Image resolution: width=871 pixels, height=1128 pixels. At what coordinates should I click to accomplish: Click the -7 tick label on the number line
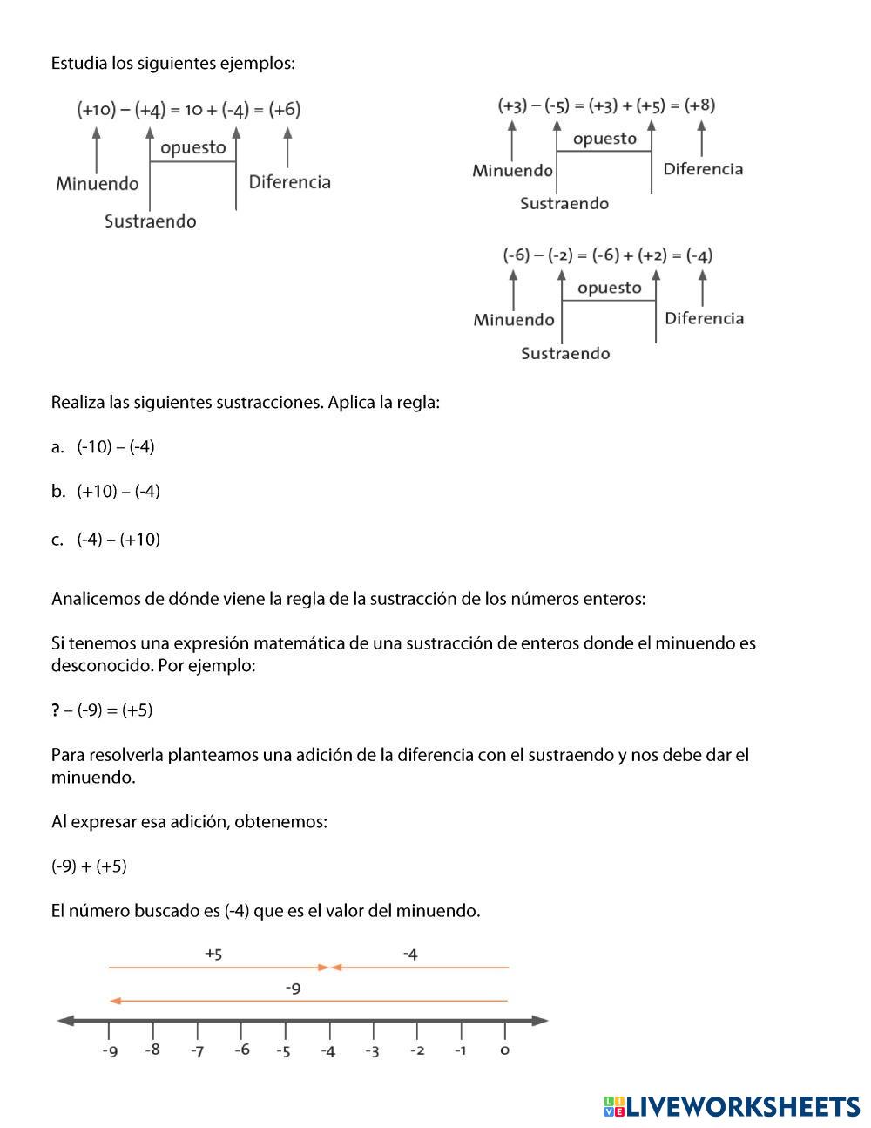[198, 1051]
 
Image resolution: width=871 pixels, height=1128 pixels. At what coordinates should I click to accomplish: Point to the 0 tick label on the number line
[504, 1050]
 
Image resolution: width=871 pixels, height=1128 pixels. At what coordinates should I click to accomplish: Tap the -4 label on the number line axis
[327, 1051]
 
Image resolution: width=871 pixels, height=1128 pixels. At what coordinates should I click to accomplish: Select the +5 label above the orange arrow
[213, 954]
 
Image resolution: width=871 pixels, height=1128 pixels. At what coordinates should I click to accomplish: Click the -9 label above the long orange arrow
[293, 989]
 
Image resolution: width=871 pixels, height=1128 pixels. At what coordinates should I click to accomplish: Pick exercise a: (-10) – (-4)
[115, 447]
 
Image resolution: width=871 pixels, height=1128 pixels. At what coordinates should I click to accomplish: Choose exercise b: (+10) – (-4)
[118, 492]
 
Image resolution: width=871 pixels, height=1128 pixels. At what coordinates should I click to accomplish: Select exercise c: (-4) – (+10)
[118, 540]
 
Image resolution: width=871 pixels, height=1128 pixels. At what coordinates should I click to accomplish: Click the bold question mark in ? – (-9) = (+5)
[56, 710]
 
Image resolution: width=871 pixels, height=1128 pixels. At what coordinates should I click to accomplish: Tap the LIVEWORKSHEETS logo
[731, 1106]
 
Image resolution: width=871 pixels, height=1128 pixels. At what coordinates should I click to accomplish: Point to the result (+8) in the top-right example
[699, 105]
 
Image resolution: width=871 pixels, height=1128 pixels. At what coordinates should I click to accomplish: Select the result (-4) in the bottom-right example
[699, 255]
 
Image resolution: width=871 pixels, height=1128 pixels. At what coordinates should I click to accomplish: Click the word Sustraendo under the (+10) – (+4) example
[151, 221]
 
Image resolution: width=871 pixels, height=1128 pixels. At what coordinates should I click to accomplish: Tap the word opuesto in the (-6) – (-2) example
[609, 288]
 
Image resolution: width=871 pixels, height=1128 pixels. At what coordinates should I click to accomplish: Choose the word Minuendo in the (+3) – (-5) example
[512, 171]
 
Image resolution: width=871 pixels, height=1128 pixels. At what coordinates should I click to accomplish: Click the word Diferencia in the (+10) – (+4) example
[290, 182]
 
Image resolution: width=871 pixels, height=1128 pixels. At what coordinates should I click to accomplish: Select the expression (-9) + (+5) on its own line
[89, 866]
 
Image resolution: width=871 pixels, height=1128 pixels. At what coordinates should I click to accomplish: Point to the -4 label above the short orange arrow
[410, 955]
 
